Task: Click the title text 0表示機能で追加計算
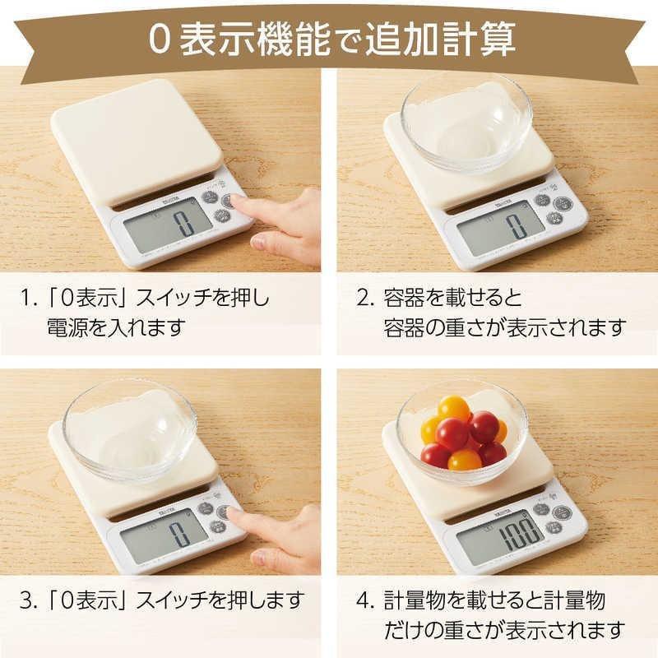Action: pyautogui.click(x=329, y=38)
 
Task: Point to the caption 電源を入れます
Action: pyautogui.click(x=114, y=327)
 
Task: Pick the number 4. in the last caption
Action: pyautogui.click(x=365, y=599)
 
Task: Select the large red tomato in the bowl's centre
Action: pyautogui.click(x=452, y=434)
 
